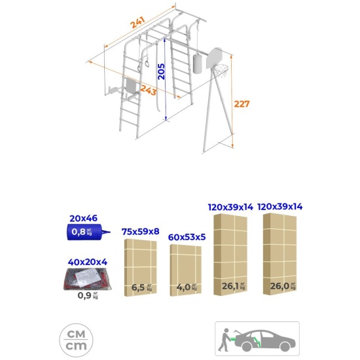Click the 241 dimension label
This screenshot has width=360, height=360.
pos(137,22)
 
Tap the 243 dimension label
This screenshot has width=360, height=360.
pos(149,90)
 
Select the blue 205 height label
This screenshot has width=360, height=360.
pos(162,71)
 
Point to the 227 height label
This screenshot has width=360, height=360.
pos(242,104)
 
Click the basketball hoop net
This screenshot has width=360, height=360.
pos(221,71)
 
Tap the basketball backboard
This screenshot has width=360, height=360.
pos(214,58)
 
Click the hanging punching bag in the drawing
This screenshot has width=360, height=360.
pos(197,63)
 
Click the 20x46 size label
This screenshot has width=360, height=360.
pos(83,218)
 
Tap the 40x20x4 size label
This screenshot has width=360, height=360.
pos(88,262)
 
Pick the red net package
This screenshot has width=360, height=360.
pos(88,279)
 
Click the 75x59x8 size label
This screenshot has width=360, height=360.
pos(140,232)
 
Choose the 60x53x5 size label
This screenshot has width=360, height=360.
pos(187,237)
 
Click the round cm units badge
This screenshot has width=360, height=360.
pos(76,340)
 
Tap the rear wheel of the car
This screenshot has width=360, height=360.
pos(247,346)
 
